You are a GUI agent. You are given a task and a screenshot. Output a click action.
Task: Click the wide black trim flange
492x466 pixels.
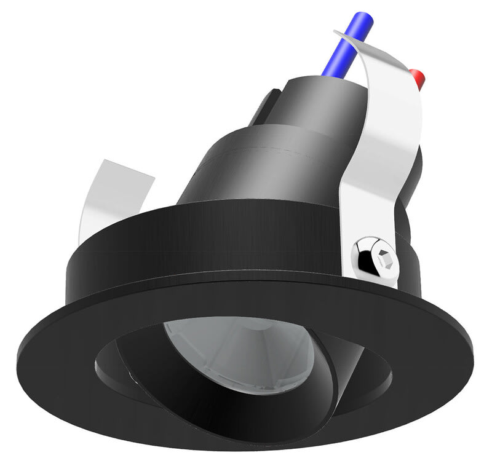[x=92, y=344]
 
